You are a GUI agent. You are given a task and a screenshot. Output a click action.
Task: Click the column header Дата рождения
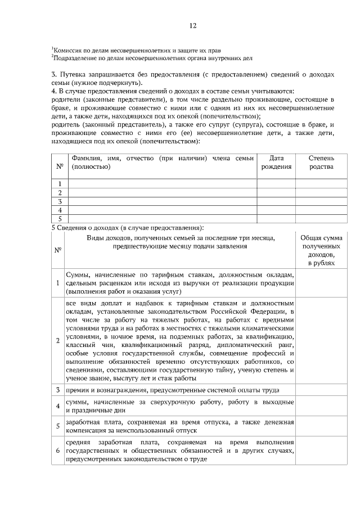[x=276, y=163]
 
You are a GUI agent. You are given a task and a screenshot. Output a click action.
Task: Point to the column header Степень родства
[x=321, y=163]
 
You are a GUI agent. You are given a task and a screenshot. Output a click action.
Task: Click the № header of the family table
[x=60, y=166]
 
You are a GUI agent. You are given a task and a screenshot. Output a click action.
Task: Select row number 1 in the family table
[x=60, y=183]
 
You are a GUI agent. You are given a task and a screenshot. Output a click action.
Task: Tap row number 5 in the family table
[x=60, y=218]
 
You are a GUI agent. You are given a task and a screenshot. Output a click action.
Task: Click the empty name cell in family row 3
[x=162, y=201]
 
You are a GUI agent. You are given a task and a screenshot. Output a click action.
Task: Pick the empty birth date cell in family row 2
[x=276, y=192]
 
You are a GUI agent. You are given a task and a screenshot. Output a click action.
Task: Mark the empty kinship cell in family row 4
[x=321, y=210]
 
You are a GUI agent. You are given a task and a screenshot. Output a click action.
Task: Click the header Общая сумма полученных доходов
[x=321, y=251]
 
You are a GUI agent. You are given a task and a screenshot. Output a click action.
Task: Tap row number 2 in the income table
[x=58, y=341]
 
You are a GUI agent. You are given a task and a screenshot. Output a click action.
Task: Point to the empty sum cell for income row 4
[x=321, y=406]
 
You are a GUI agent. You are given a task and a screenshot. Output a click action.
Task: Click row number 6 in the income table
[x=58, y=451]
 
